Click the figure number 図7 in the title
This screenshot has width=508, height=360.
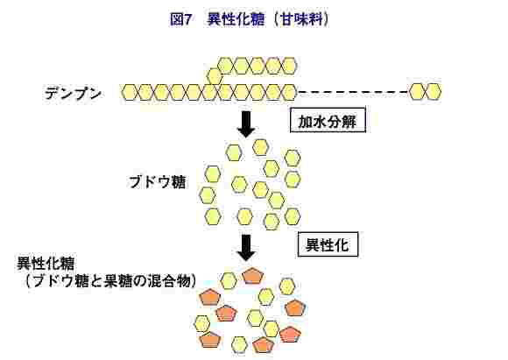(180, 19)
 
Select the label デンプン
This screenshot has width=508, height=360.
(73, 94)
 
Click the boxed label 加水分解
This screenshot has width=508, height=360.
(328, 120)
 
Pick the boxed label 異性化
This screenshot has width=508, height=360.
(328, 244)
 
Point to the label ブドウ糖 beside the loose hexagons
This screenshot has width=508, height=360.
(158, 182)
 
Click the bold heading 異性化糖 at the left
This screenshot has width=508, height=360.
(46, 264)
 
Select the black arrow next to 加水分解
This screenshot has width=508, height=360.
(246, 124)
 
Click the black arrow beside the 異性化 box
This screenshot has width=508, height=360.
(246, 248)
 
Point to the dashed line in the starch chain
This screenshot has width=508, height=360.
(353, 92)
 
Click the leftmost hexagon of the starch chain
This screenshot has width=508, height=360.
(130, 92)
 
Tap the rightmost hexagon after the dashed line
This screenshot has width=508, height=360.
(434, 92)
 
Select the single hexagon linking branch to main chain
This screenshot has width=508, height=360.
(215, 76)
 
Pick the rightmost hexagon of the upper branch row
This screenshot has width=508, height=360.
(289, 66)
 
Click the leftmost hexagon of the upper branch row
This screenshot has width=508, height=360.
(226, 66)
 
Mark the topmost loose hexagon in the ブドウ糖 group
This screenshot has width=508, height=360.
(260, 147)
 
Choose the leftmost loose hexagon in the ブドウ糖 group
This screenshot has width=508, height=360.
(207, 195)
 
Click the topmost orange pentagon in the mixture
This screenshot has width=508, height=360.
(253, 276)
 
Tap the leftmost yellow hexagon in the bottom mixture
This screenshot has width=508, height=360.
(202, 323)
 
